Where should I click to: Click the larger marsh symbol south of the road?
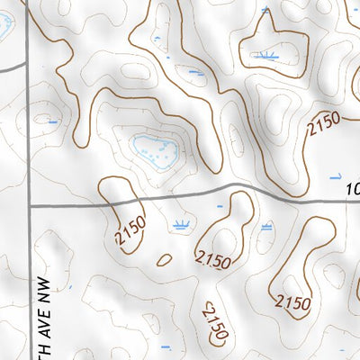182,224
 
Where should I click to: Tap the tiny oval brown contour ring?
164,260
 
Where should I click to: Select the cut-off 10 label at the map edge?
353,190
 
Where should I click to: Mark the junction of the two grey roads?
30,205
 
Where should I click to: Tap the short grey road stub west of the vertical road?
11,67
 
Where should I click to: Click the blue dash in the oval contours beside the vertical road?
53,121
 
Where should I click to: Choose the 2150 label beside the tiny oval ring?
212,261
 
